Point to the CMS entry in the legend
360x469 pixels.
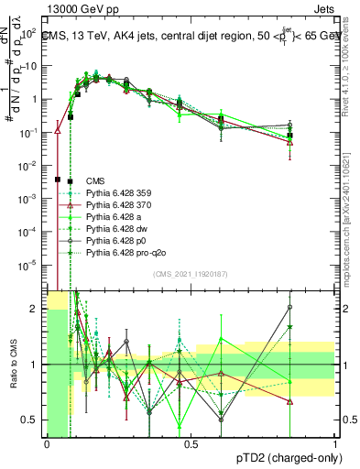tap(94, 181)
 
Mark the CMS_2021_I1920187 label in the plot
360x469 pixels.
tap(191, 274)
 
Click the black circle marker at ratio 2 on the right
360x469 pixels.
tap(289, 308)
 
